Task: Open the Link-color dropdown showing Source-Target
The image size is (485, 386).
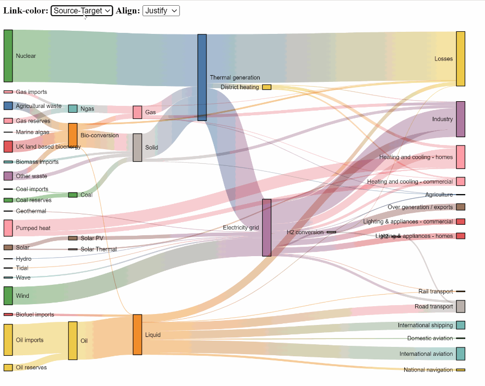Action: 81,10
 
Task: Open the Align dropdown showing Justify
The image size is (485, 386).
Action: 161,10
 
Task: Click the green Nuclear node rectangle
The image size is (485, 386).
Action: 8,56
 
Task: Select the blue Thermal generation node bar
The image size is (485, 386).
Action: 202,77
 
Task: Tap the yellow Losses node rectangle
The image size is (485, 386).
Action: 460,58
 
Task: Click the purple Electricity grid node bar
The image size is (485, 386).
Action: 266,227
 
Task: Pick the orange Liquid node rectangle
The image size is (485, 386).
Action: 137,334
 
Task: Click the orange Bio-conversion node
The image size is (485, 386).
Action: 72,135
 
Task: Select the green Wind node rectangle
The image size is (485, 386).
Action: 8,295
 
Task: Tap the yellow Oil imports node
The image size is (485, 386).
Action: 8,340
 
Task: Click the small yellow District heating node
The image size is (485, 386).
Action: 266,87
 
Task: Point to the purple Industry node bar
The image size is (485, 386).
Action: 460,119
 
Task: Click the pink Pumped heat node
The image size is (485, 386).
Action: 8,228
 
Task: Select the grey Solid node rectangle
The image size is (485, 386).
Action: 137,147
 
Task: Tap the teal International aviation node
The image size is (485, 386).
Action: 460,354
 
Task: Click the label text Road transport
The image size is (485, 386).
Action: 433,307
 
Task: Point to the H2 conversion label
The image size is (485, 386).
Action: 305,232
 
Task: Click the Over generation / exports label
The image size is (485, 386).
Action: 420,207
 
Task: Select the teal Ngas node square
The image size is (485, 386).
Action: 72,108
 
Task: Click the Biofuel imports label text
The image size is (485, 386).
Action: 35,315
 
